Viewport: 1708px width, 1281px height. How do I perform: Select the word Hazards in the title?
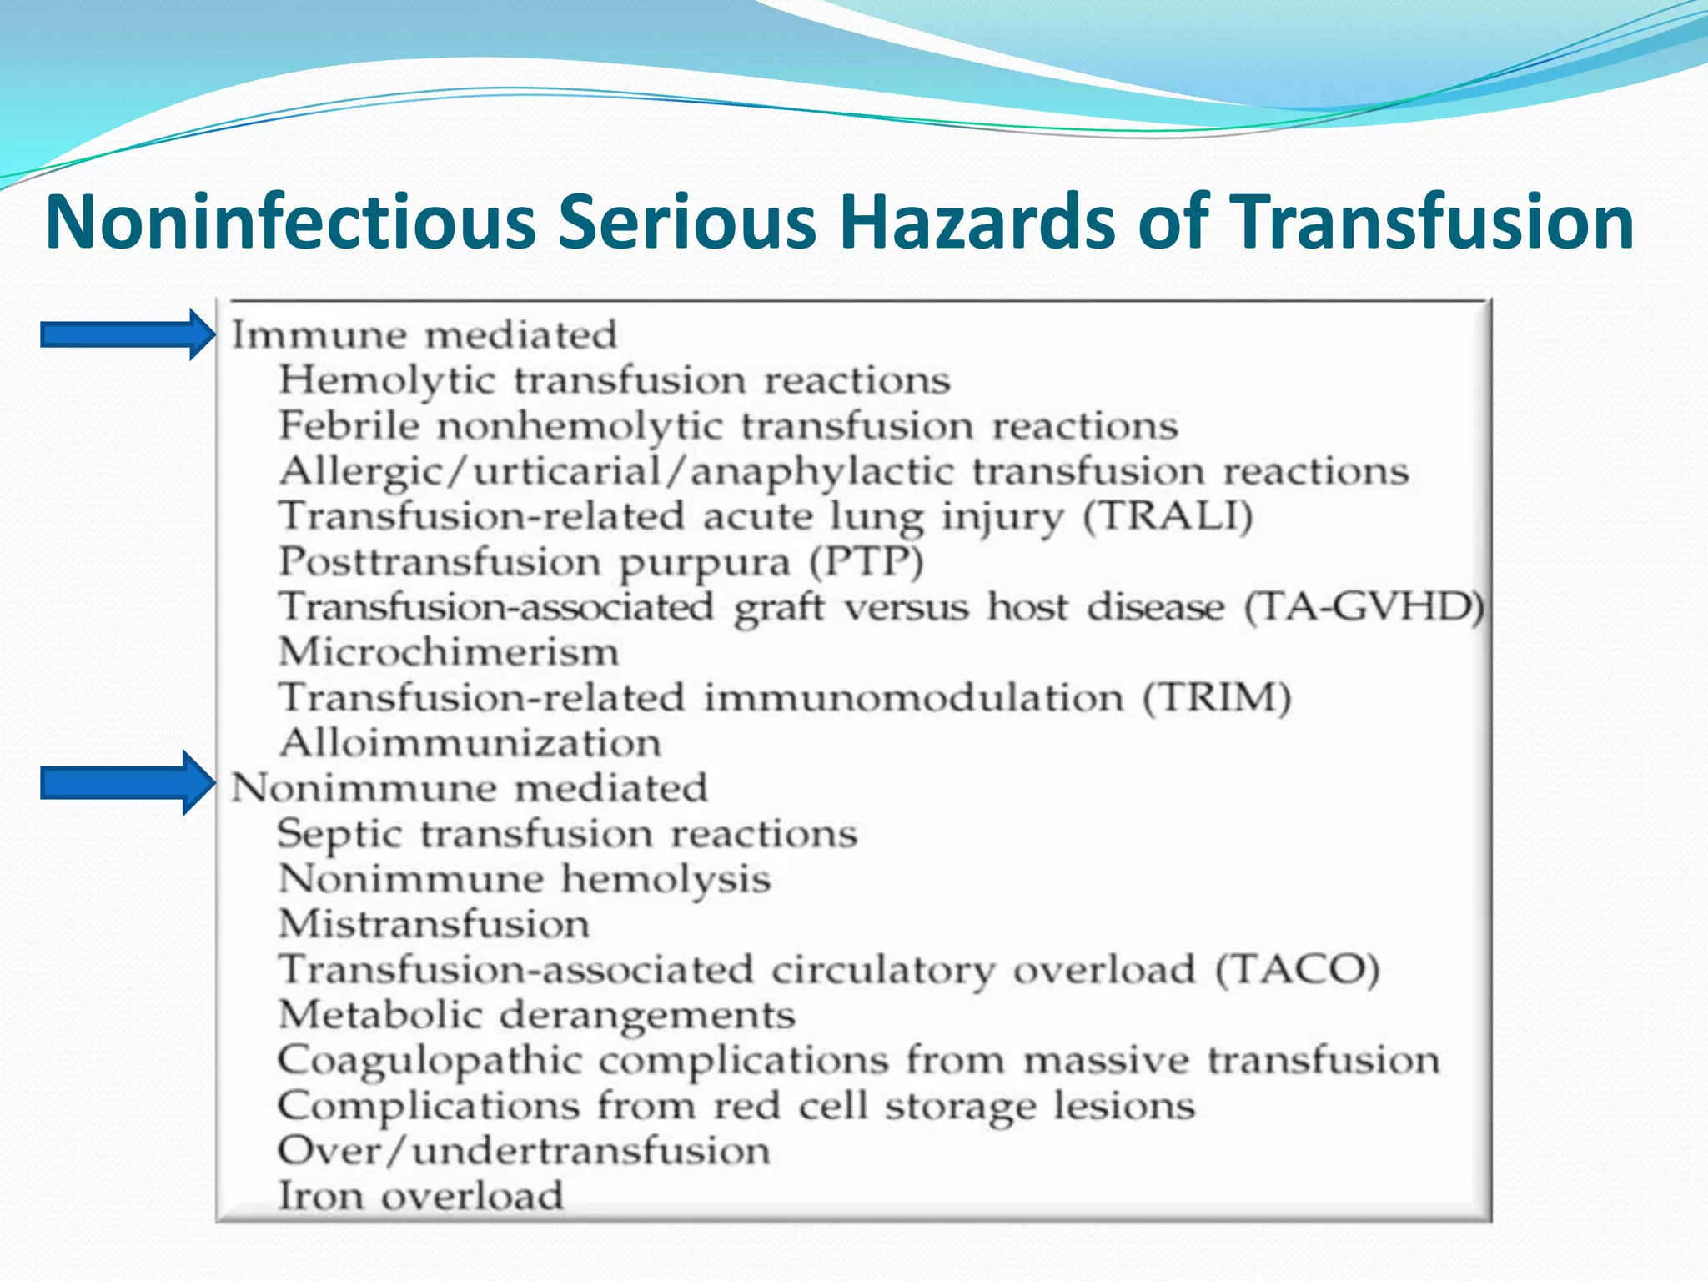coord(976,222)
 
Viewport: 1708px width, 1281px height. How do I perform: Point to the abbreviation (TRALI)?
coord(1168,517)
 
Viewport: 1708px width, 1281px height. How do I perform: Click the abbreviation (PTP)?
coord(867,562)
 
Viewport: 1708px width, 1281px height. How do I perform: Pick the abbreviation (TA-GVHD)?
coord(1364,607)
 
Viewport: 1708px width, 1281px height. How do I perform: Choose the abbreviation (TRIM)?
coord(1216,698)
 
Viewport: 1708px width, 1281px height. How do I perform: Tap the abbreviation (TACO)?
coord(1297,970)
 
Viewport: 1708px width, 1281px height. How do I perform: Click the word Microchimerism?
coord(449,652)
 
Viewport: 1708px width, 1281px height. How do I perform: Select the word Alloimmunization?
coord(470,743)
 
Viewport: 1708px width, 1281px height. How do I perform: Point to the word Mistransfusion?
coord(434,924)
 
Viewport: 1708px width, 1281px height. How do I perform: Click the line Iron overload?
coord(420,1196)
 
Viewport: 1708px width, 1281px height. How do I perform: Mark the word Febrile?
coord(349,426)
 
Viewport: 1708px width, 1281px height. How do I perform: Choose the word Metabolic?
coord(380,1015)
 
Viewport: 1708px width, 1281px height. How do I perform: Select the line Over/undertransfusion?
coord(524,1151)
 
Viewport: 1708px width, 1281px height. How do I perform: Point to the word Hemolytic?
coord(387,381)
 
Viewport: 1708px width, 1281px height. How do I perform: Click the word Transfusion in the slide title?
coord(1431,222)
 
